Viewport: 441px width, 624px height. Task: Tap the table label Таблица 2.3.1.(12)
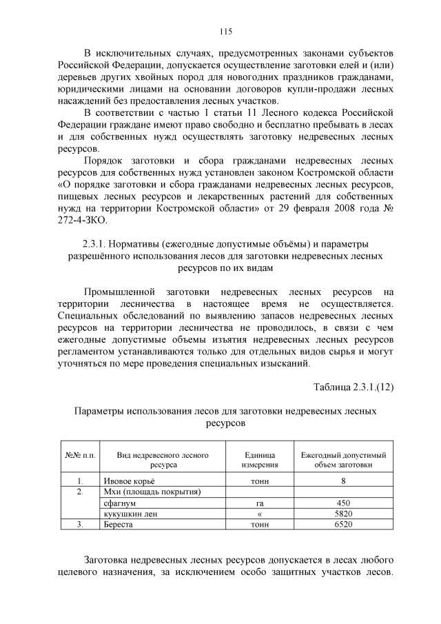coord(353,386)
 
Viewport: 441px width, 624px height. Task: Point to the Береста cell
coord(119,525)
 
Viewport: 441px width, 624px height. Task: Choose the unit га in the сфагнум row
coord(260,503)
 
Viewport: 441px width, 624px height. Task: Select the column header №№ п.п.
coord(80,455)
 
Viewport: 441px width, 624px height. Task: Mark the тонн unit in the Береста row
coord(260,525)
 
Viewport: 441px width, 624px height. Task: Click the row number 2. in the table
coord(80,492)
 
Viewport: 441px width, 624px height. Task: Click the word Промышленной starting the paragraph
coord(119,292)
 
